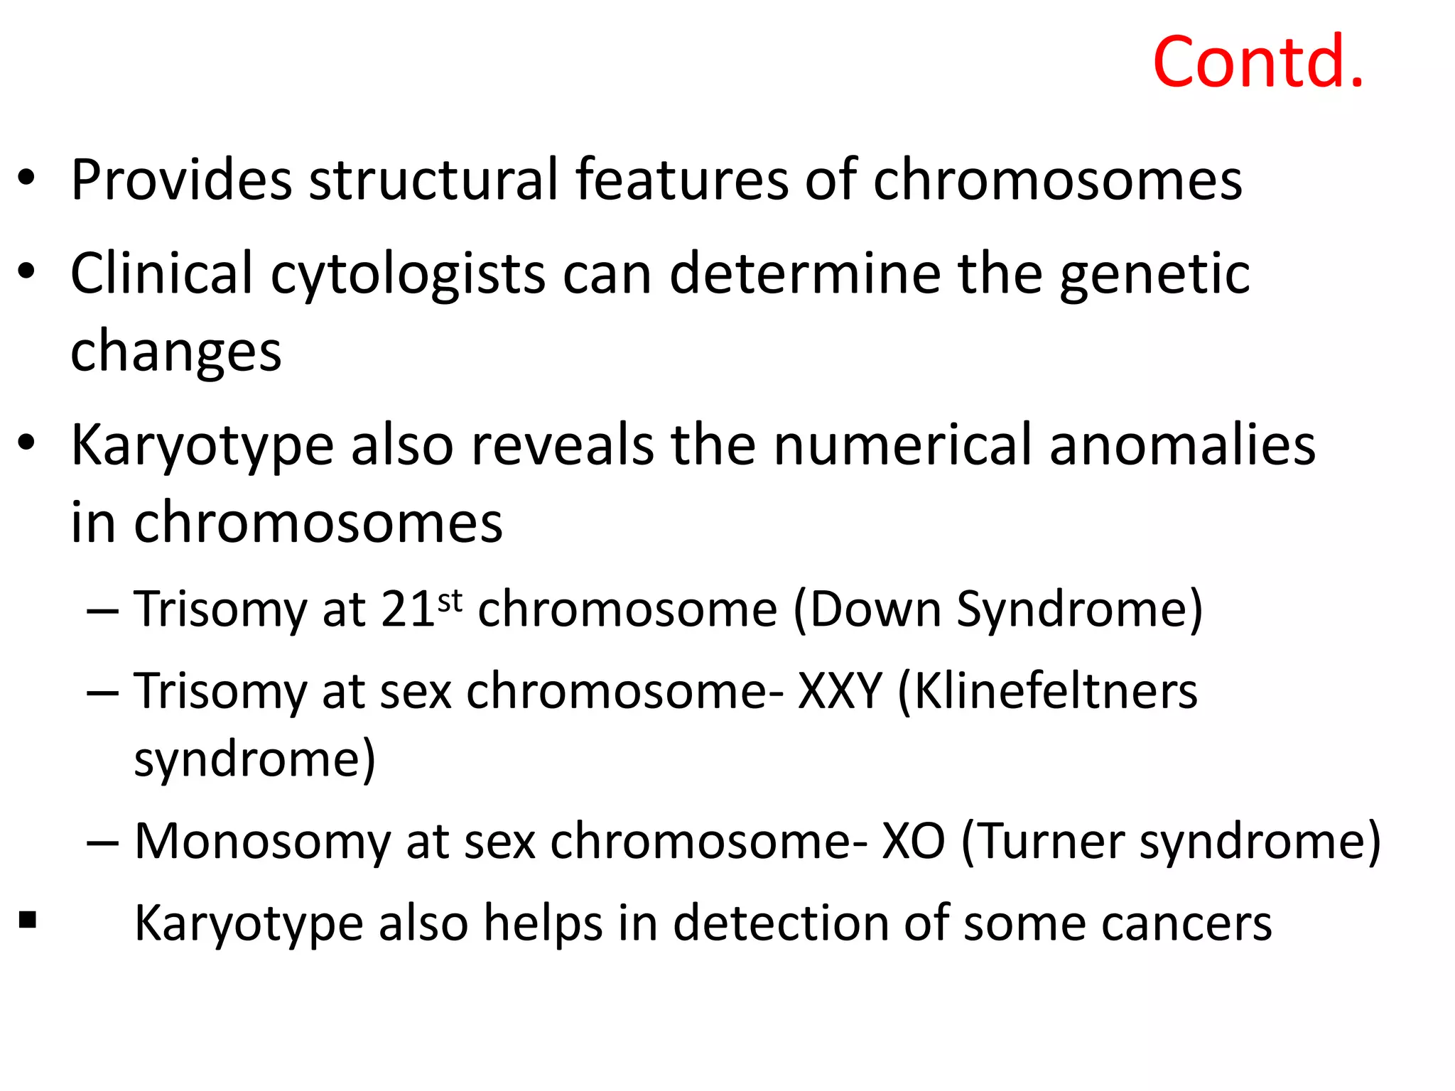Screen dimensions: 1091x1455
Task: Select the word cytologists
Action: (408, 276)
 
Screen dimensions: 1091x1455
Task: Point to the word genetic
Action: (1154, 276)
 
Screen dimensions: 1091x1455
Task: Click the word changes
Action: (175, 352)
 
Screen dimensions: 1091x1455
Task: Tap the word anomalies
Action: (1182, 446)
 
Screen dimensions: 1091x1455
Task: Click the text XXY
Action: (840, 691)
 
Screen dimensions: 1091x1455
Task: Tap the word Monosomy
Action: (262, 842)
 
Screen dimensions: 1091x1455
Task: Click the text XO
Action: (913, 842)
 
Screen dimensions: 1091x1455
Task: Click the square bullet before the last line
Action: (28, 921)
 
